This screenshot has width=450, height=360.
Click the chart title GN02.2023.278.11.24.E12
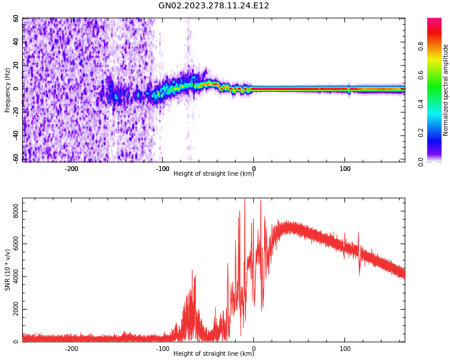(x=214, y=6)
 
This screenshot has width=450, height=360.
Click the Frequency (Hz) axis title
(x=8, y=90)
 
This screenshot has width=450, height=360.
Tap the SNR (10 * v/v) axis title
(x=8, y=270)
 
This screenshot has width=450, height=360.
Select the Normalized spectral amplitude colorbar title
(x=446, y=90)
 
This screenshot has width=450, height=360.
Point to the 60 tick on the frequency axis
(x=16, y=19)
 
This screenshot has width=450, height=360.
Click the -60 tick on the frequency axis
(x=14, y=158)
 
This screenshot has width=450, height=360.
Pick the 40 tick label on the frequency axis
(x=16, y=42)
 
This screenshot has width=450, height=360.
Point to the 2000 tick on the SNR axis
(x=13, y=309)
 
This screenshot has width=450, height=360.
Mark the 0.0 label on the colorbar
(x=421, y=161)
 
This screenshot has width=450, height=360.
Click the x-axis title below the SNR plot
(x=214, y=354)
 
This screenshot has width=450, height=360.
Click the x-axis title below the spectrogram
(x=214, y=174)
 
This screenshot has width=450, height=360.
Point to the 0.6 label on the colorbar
(x=421, y=75)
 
